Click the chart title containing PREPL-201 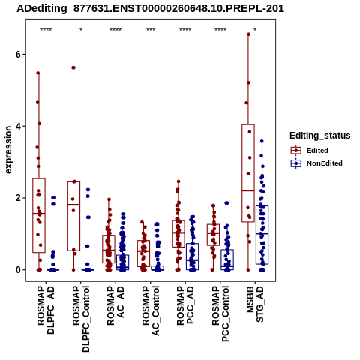[x=151, y=8]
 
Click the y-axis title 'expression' [x=8, y=150]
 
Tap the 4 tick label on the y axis [x=18, y=126]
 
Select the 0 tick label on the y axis [x=18, y=269]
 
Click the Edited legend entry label [x=317, y=151]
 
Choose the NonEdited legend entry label [x=325, y=163]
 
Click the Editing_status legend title [x=320, y=136]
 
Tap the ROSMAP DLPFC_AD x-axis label [x=46, y=310]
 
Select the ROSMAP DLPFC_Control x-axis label [x=81, y=319]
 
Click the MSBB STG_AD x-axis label [x=255, y=304]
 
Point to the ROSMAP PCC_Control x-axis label [x=220, y=313]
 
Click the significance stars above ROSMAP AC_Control [x=151, y=30]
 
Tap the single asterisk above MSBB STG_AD [x=255, y=30]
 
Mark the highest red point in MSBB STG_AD [x=249, y=34]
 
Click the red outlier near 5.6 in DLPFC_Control [x=73, y=67]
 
